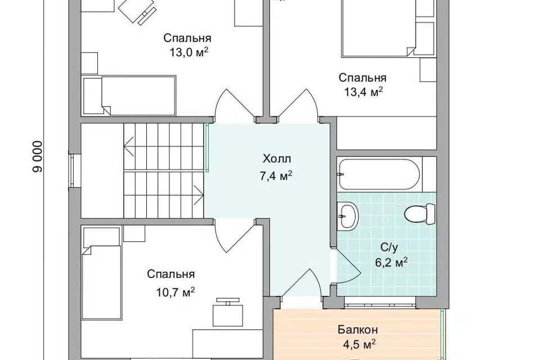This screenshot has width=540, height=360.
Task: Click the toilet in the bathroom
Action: pos(420,214)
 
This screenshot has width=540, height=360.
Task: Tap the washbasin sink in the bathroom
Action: pos(348,216)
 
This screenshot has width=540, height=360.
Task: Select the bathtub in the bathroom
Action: pos(379,174)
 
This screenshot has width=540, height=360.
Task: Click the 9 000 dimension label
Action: pos(38,157)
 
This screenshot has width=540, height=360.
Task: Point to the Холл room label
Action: pos(277,159)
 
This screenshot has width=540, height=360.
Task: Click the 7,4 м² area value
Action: pos(276,177)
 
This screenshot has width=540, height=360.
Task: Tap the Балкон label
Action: pos(358,330)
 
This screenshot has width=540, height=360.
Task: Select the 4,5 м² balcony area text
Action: pos(358,345)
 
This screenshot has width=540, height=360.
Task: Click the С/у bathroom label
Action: pos(389,247)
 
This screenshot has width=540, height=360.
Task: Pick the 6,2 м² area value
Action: pos(391,263)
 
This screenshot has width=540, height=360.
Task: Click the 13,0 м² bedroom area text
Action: pos(189,52)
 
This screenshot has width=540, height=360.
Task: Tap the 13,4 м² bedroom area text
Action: pos(363,92)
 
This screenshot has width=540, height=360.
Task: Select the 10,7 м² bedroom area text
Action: pos(175,292)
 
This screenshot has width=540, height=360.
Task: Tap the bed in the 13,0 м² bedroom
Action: pos(129,96)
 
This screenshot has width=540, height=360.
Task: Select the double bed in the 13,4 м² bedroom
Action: pos(379,28)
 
